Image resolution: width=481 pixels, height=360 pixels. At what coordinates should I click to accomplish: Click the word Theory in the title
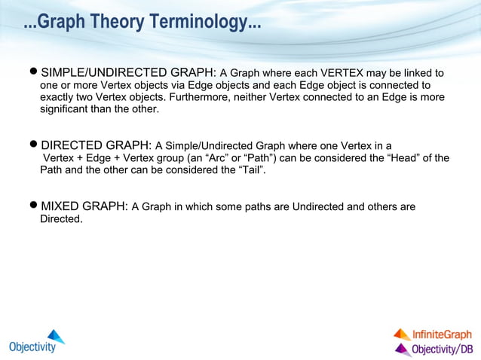coord(124,23)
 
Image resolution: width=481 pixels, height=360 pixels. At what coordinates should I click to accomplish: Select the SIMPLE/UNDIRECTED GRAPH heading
coord(128,73)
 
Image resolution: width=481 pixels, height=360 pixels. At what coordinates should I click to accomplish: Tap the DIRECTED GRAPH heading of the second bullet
coord(96,145)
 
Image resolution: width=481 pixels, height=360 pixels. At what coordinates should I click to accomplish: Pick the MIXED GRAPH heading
coord(84,206)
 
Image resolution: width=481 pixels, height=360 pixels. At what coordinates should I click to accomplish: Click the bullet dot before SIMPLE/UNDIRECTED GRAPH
coord(32,73)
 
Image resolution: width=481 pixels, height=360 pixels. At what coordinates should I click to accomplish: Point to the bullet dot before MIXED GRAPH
coord(32,206)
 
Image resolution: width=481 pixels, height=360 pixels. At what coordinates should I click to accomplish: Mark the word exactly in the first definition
coord(58,97)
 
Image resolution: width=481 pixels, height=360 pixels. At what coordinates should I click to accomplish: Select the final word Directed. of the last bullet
coord(61,219)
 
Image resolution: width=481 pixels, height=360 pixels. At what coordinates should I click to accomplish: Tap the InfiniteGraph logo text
coord(442,334)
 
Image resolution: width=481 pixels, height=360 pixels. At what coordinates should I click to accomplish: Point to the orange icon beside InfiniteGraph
coord(402,334)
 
